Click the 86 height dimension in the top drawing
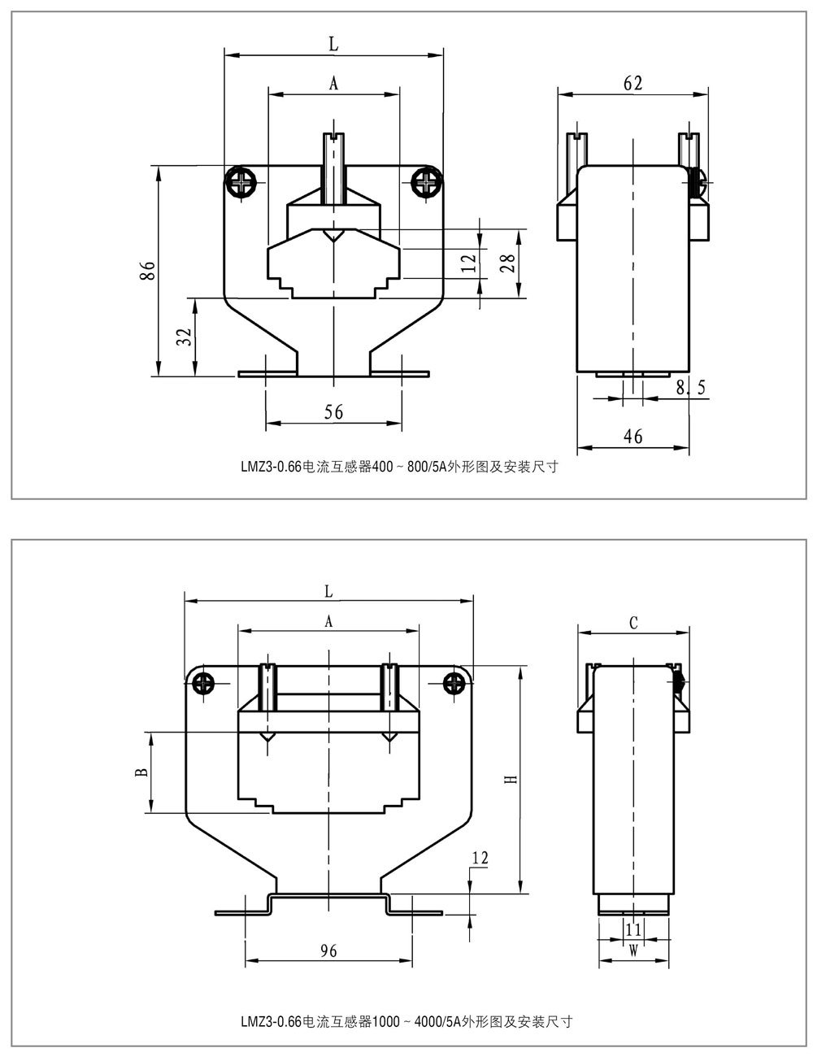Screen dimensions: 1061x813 click(147, 271)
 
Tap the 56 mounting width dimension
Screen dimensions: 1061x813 click(333, 413)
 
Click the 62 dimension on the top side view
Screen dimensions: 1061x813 click(633, 83)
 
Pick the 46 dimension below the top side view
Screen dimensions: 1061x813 click(633, 437)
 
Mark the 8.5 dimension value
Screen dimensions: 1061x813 click(690, 389)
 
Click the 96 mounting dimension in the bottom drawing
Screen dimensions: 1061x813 click(328, 950)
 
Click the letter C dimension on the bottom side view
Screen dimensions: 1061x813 click(633, 623)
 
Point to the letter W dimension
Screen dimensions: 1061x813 click(633, 948)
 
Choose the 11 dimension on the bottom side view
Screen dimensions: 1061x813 click(633, 928)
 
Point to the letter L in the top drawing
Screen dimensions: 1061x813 click(333, 46)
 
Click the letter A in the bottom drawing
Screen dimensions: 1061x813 click(328, 621)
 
